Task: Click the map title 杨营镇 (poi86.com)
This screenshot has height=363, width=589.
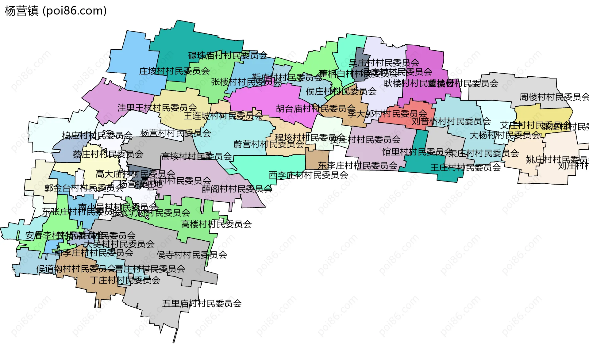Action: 56,11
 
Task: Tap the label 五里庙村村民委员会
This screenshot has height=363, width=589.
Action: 202,304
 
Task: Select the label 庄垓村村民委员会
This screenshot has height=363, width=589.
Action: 174,71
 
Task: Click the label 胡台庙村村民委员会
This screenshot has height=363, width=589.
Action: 315,109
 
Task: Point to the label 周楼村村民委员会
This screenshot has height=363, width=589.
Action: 554,97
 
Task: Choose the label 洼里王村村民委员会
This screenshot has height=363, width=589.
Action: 157,108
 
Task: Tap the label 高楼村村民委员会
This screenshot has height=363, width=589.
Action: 216,224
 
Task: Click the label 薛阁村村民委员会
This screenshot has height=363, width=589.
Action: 237,189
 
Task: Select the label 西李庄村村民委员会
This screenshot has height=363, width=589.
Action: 308,175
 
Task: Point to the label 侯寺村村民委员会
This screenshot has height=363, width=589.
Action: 192,255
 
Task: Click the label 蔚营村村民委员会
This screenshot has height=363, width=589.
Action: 269,144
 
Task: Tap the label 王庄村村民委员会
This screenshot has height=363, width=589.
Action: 465,167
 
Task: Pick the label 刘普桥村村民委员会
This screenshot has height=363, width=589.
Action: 451,121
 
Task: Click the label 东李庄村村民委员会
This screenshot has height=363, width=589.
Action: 358,166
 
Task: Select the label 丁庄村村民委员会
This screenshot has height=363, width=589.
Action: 125,280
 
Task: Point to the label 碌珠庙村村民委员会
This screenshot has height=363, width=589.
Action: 228,55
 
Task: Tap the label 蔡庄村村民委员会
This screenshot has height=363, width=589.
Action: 108,154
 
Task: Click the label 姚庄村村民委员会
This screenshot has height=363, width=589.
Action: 557,159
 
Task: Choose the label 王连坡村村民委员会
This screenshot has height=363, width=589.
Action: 223,116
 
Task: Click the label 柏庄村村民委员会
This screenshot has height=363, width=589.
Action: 97,135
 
